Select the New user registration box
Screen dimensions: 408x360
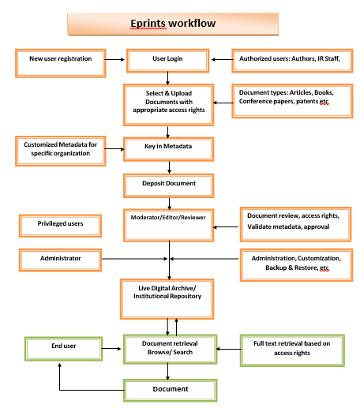(x=60, y=59)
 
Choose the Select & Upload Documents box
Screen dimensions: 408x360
(x=167, y=99)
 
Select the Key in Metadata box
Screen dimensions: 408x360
(x=167, y=147)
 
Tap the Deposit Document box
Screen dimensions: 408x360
(x=167, y=184)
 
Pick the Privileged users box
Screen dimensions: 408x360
(x=60, y=225)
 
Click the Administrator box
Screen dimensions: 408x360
(x=60, y=258)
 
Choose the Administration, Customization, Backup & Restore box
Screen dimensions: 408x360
(x=294, y=263)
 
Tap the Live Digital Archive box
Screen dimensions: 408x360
(x=167, y=293)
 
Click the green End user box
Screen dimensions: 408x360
(x=60, y=346)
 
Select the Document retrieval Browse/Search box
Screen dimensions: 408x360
(x=167, y=347)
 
